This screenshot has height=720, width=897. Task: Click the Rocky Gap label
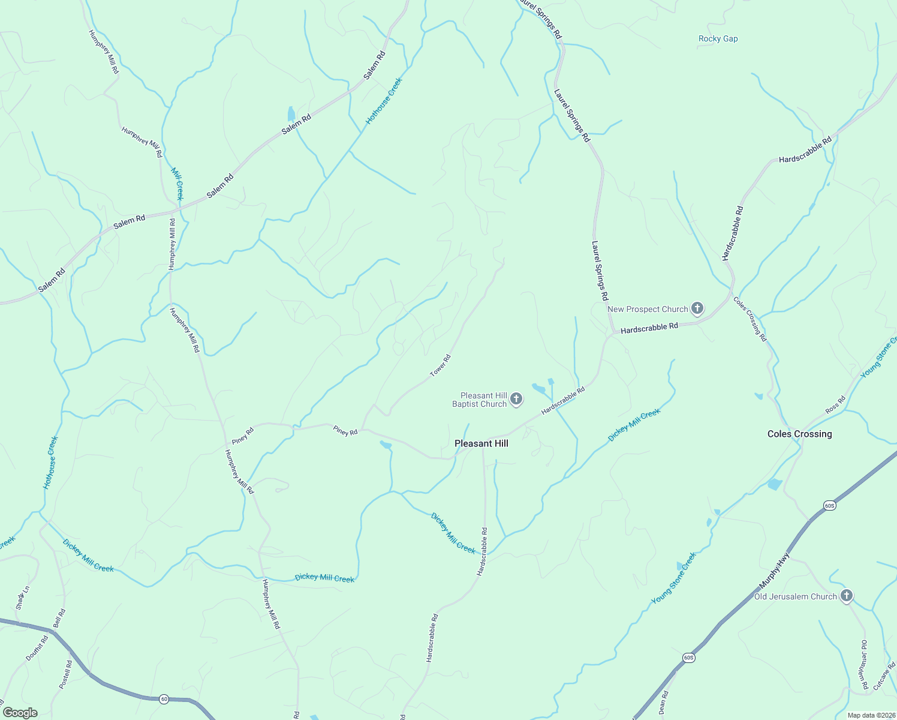[718, 39]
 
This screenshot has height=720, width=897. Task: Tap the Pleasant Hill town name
[481, 443]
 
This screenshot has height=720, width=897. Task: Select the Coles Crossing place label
[799, 434]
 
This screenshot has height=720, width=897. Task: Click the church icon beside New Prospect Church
[697, 309]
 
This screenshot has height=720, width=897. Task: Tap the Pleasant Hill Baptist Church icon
[516, 399]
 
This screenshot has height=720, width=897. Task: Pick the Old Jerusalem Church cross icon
[846, 596]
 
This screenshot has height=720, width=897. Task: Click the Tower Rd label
[440, 366]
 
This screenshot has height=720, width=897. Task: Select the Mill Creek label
[177, 184]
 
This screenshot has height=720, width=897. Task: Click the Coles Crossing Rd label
[750, 319]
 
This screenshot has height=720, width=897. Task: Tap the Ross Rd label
[835, 404]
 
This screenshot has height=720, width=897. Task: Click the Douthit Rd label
[37, 649]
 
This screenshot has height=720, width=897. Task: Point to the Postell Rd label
[65, 674]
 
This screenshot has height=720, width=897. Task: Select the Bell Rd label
[59, 619]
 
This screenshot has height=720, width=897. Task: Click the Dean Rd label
[663, 702]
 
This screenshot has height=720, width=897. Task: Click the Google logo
[20, 713]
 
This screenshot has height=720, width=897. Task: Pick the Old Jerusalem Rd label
[863, 665]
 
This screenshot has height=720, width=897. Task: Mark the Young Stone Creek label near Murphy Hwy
[673, 578]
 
